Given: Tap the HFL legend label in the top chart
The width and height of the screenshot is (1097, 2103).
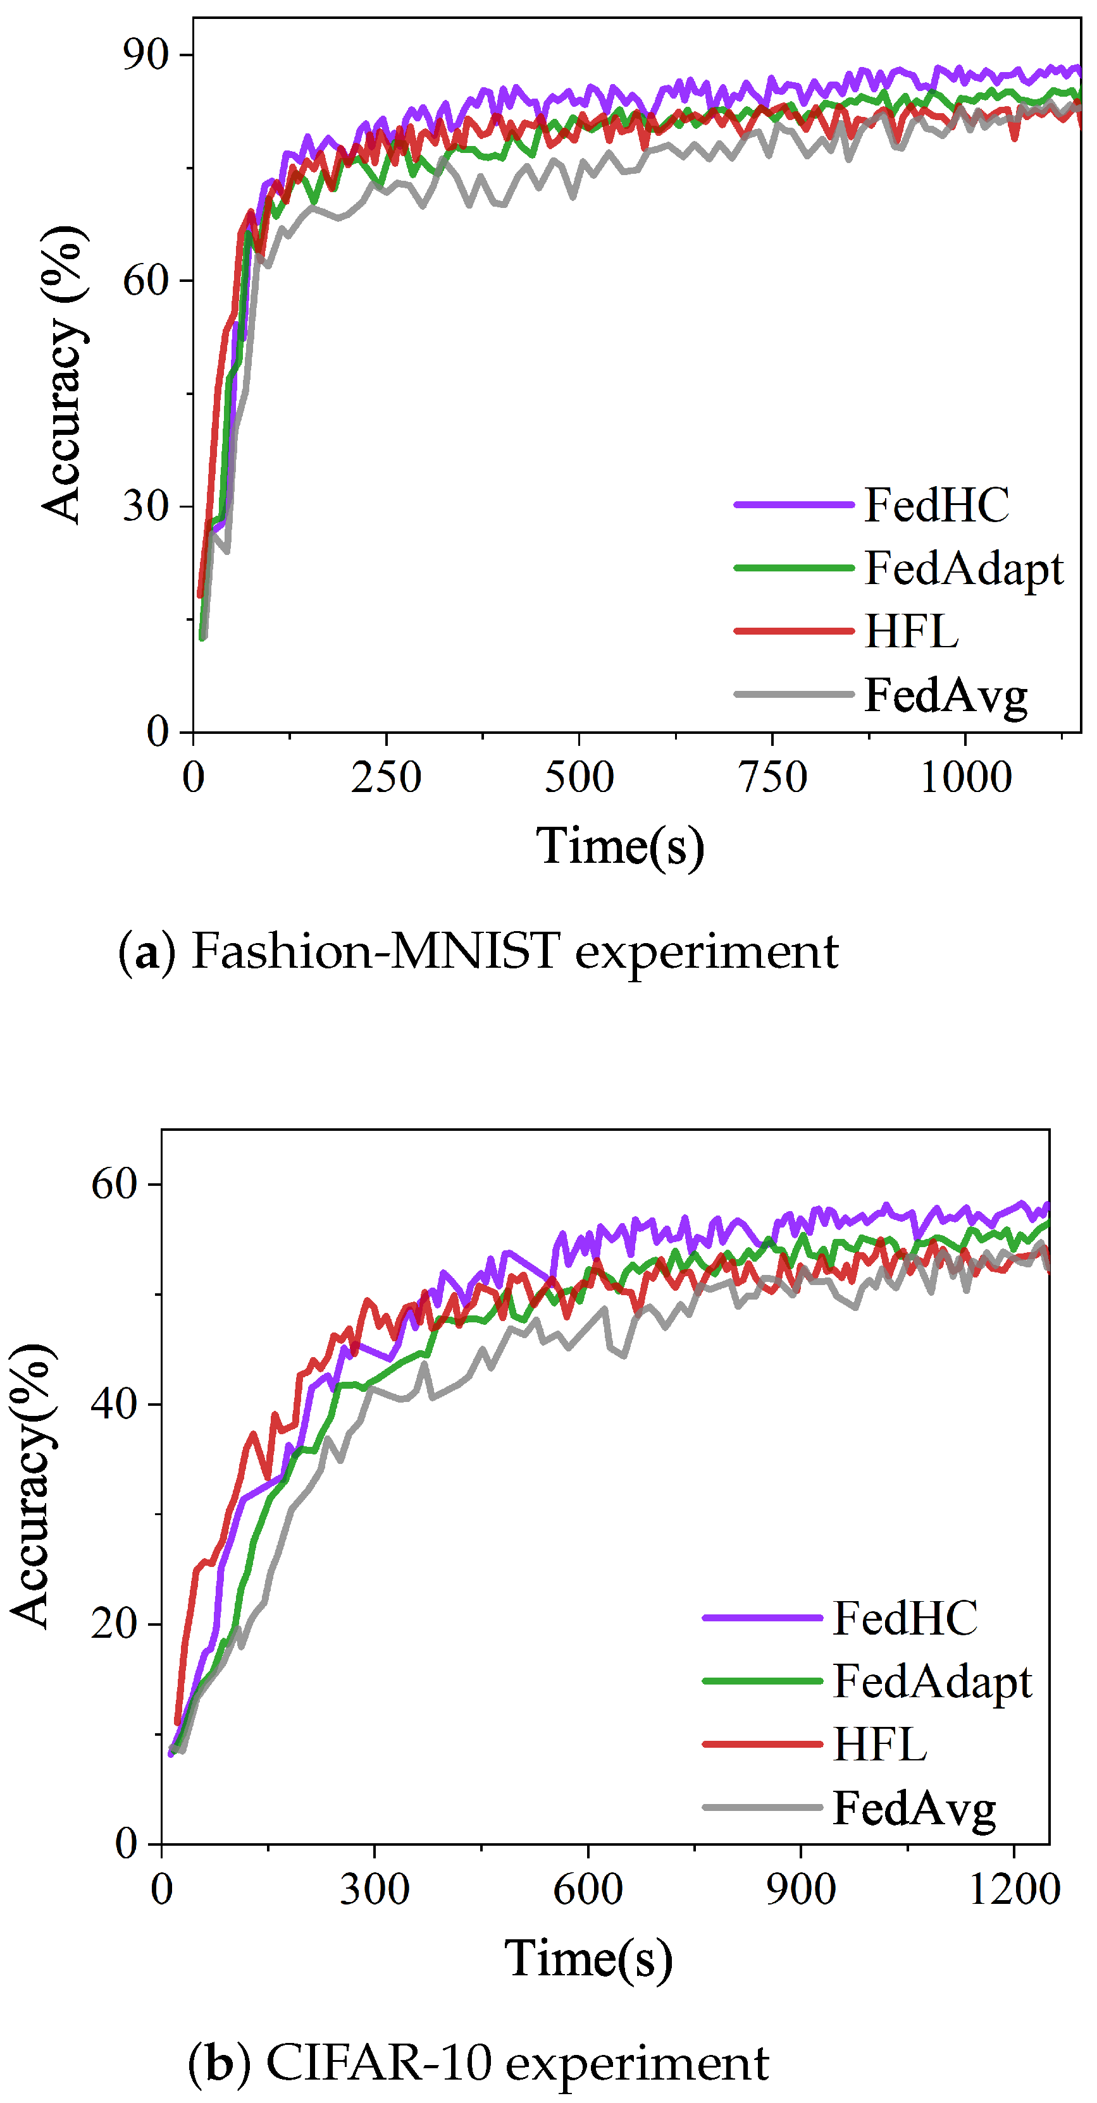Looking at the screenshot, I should (x=911, y=632).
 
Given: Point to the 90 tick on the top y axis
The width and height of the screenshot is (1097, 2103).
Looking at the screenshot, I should (x=146, y=55).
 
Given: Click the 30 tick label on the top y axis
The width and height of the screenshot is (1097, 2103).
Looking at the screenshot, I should (x=146, y=506).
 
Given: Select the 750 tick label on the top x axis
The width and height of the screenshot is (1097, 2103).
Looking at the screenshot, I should (x=772, y=777).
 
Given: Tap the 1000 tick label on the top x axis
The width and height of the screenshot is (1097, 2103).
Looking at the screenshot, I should (x=965, y=777).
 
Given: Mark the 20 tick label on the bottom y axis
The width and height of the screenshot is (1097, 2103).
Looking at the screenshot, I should (x=115, y=1623).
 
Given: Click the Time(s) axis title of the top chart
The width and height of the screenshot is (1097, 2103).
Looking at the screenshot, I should (x=620, y=846).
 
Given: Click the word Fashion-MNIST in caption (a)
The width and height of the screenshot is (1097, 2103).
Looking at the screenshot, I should (x=375, y=952).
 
